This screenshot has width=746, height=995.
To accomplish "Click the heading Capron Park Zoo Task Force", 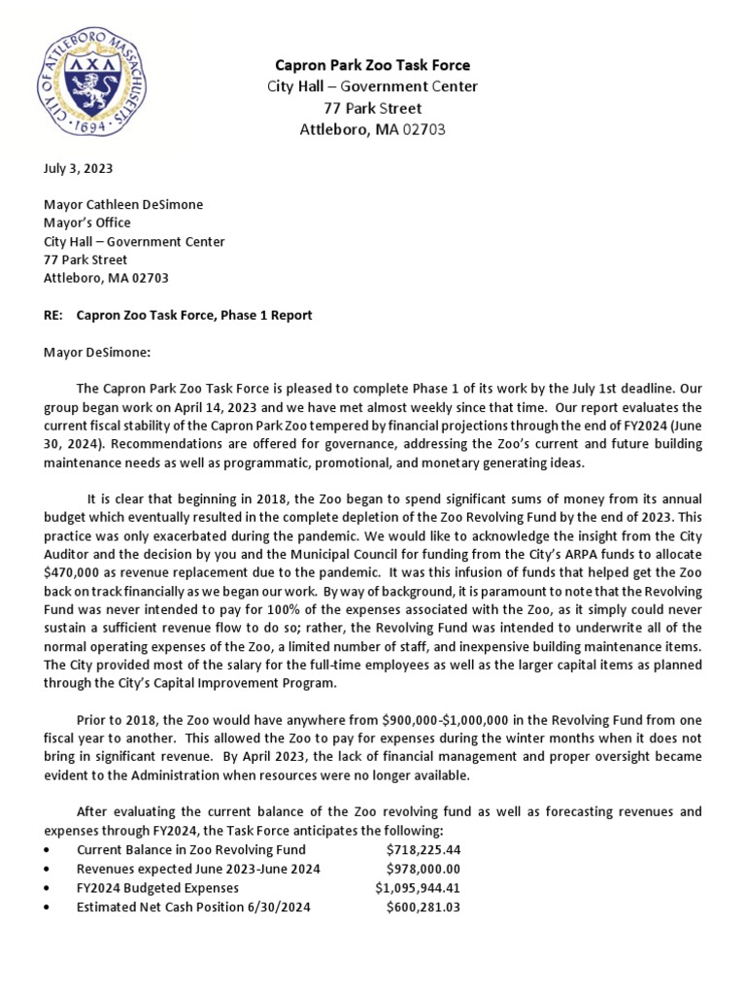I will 373,65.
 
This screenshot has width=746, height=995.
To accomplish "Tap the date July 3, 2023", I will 79,168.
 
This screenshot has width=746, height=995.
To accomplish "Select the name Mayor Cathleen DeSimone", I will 124,204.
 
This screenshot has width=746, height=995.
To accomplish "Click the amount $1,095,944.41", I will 418,888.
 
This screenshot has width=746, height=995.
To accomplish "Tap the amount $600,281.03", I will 423,907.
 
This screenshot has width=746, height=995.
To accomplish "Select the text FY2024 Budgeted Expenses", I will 157,888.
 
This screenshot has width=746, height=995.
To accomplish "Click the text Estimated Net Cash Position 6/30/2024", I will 193,907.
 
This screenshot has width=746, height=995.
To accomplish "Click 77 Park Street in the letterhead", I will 373,108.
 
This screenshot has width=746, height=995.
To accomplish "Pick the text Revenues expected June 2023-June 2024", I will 198,869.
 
